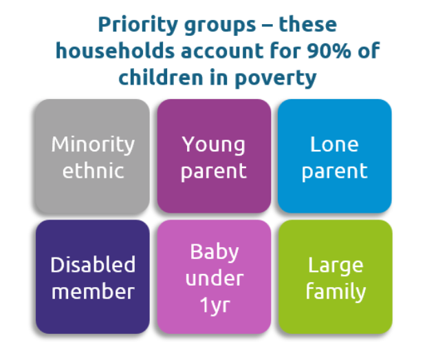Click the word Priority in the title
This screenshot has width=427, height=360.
tap(138, 25)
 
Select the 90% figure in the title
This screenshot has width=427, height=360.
tap(329, 51)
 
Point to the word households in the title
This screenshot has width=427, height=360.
tap(115, 50)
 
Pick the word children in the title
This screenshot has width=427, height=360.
tap(161, 77)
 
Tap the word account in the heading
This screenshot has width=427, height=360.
tap(222, 51)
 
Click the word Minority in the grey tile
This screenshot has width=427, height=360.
tap(93, 145)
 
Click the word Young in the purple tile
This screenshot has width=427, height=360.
tap(213, 145)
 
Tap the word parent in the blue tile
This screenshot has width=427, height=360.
tap(335, 172)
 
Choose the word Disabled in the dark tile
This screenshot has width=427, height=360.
tap(93, 264)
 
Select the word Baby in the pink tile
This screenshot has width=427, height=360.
tap(215, 253)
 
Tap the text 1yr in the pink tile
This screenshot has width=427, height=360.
tap(215, 306)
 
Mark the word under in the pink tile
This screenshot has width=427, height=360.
tap(215, 278)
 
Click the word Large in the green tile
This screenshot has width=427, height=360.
tap(336, 266)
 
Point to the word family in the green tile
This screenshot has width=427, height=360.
tap(336, 292)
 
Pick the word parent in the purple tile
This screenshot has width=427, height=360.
tap(214, 172)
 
